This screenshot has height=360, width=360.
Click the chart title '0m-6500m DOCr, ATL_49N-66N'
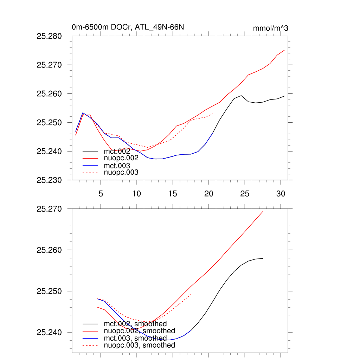[128, 27]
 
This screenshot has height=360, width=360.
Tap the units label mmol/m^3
[270, 28]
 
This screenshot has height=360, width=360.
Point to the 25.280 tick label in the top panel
[49, 36]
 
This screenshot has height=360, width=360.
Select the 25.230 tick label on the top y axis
[49, 180]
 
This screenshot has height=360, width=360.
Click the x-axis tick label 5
[101, 193]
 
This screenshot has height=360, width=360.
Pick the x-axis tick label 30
[281, 193]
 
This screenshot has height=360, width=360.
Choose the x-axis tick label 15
[173, 193]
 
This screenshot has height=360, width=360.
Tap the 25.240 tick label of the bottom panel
[49, 332]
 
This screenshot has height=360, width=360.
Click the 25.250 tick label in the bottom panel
[49, 291]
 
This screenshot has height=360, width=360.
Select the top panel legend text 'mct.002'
[117, 151]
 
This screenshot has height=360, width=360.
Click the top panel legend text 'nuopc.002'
[121, 158]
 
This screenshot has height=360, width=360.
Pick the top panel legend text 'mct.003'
[117, 166]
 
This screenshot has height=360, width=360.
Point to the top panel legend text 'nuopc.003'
[121, 173]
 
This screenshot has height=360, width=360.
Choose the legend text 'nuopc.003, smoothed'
[140, 345]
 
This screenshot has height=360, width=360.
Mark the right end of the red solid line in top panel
[284, 50]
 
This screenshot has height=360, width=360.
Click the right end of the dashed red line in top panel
[213, 114]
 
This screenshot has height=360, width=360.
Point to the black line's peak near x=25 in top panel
[241, 96]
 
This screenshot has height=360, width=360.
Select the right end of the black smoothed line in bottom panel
[263, 258]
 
